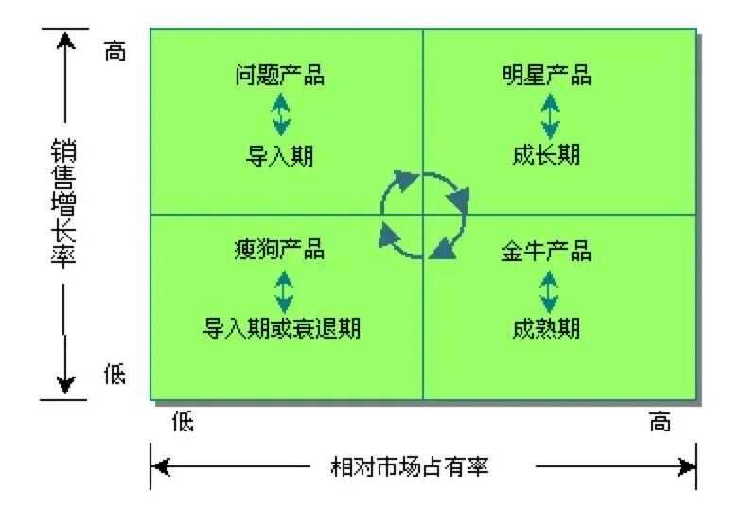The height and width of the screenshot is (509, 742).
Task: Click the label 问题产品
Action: point(279,76)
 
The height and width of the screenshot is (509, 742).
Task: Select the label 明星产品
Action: point(546,76)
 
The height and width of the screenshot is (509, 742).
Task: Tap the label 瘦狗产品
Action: point(279,249)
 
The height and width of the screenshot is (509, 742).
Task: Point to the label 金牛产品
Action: point(546,251)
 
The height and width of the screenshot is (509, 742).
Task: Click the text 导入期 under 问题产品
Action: point(279,155)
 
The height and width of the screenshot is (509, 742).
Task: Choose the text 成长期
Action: point(546,154)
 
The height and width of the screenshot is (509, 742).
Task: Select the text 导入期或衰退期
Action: point(282,328)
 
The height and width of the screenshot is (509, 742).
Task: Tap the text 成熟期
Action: point(546,328)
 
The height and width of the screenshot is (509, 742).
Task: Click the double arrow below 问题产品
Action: point(281,115)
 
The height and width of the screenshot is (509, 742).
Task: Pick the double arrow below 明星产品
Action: point(549,115)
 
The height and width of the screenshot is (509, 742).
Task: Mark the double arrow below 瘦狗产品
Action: point(282,290)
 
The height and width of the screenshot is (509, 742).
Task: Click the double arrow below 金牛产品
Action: point(549,290)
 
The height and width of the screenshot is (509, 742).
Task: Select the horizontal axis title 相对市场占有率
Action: point(409,466)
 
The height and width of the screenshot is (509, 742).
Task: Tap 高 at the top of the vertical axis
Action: point(114,51)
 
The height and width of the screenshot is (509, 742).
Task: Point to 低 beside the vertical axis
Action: point(114,375)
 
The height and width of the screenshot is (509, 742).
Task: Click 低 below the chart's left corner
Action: point(183,421)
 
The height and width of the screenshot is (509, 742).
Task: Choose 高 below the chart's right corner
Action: point(660,422)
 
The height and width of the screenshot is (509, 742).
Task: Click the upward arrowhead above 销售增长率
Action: point(64,42)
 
